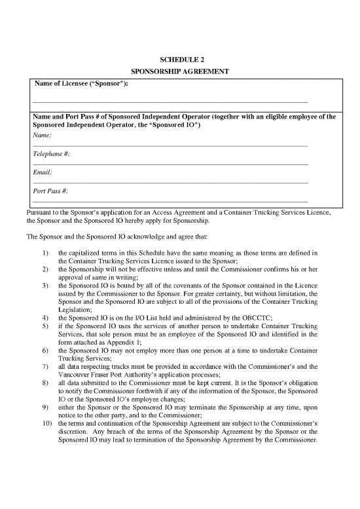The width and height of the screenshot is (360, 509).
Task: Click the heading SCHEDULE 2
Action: click(179, 60)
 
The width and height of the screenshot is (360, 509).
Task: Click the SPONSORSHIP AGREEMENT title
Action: click(179, 73)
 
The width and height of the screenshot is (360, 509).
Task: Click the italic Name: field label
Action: click(43, 134)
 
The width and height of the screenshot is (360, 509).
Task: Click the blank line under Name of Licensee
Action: click(170, 102)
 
